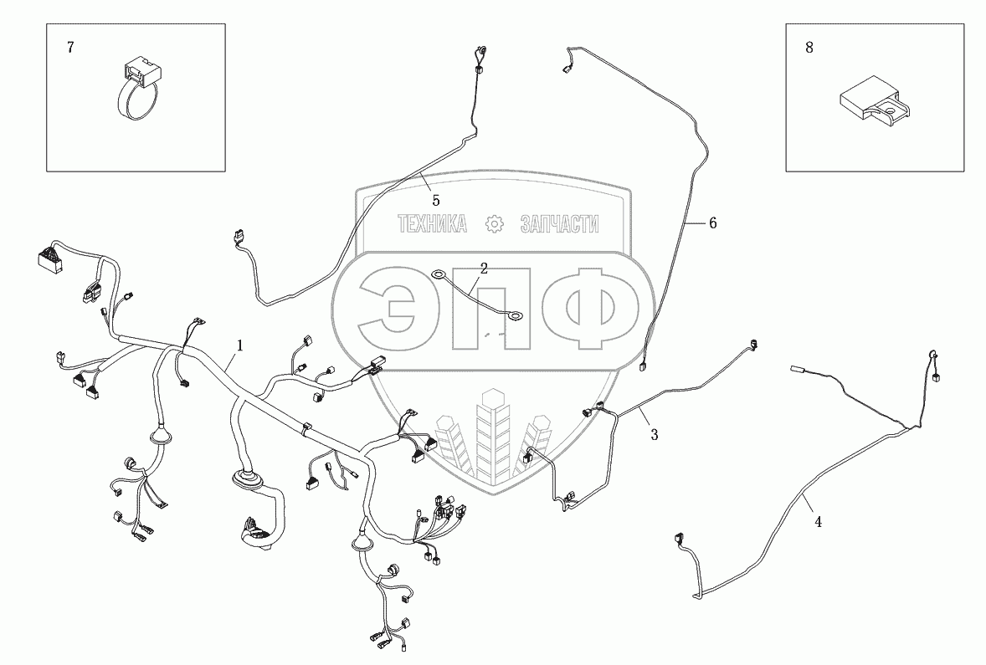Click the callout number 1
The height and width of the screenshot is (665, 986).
pos(239,345)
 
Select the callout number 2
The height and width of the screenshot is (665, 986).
pos(483,269)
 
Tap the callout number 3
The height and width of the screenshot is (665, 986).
pos(655,434)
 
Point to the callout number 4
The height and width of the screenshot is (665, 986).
pos(818,522)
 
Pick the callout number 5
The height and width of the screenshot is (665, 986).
pos(435,200)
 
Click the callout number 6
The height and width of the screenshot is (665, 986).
pos(712,223)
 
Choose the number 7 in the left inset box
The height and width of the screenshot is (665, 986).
pos(70,48)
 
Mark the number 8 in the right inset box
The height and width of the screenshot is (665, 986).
pos(809,48)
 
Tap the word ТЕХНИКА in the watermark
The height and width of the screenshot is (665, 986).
pos(432,224)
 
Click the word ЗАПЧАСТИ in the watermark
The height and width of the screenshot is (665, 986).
pos(560,224)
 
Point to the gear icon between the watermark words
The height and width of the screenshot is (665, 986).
pos(496,224)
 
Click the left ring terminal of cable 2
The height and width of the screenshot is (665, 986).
pos(438,273)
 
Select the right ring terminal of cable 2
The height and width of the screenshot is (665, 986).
pos(516,316)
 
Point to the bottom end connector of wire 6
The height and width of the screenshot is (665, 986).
pos(644,366)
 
